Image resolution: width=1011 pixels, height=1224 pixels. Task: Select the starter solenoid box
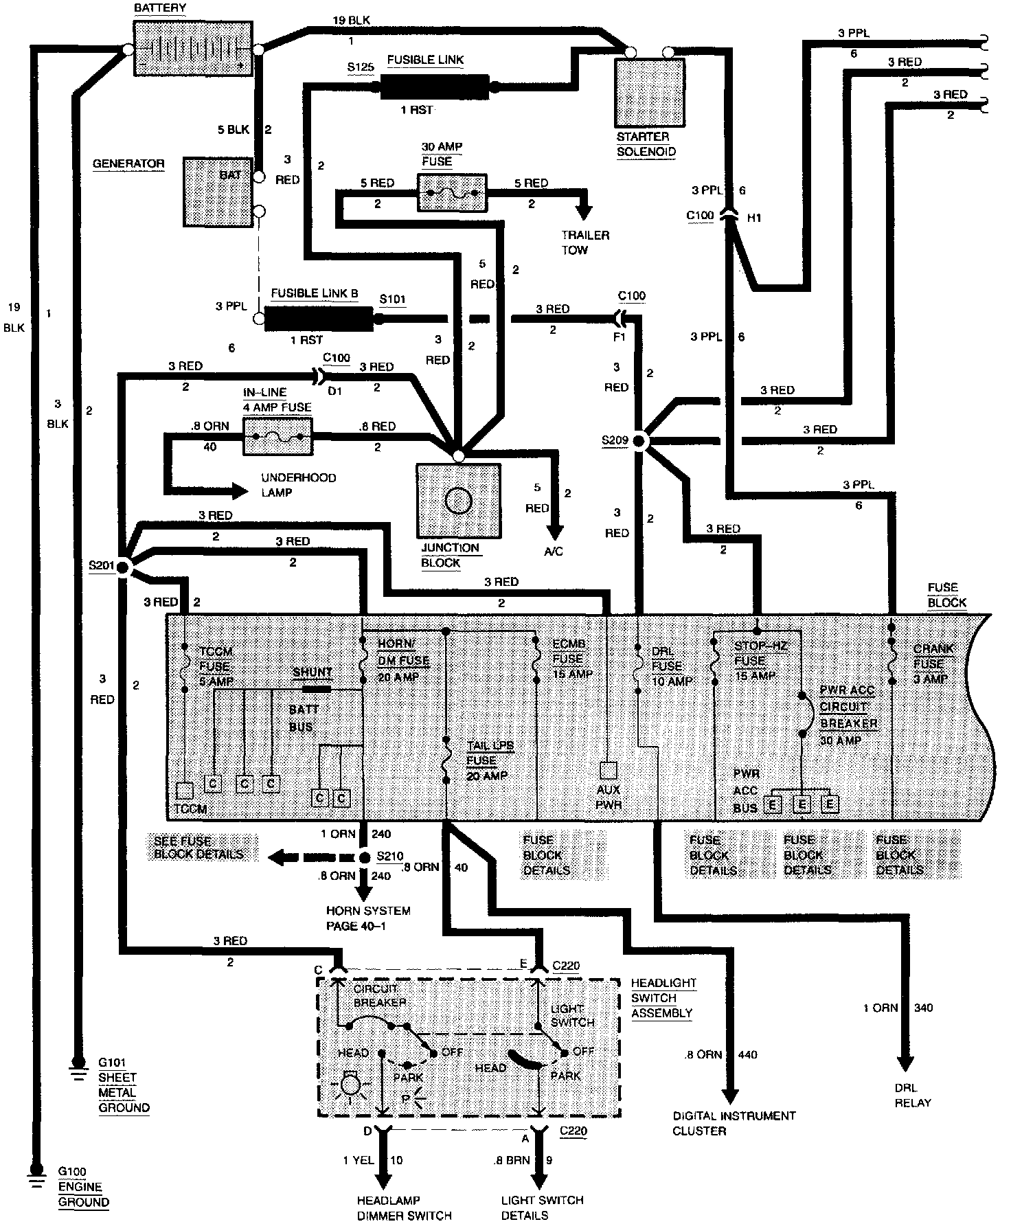pos(650,92)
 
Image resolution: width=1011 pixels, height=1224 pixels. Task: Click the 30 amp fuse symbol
pos(452,193)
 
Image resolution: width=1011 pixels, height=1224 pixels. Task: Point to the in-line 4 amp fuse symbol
pos(278,438)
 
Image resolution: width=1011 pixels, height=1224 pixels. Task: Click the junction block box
pos(458,500)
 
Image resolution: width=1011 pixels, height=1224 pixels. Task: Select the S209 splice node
pos(639,441)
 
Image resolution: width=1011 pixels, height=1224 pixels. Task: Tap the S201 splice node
pos(123,567)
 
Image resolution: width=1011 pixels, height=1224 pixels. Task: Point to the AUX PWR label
pos(609,797)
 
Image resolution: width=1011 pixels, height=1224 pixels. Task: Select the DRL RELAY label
pos(913,1096)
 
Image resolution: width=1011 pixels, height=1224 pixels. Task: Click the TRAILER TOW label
pos(584,242)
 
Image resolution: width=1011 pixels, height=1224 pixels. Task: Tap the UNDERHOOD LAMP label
pos(298,485)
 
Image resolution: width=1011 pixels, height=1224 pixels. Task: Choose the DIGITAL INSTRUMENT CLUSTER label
pos(734,1123)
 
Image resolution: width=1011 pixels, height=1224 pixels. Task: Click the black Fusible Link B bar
pos(318,318)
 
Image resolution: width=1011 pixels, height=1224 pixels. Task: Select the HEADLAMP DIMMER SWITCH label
pos(404,1208)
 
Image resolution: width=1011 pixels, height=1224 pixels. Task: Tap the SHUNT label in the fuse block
pos(313,672)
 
